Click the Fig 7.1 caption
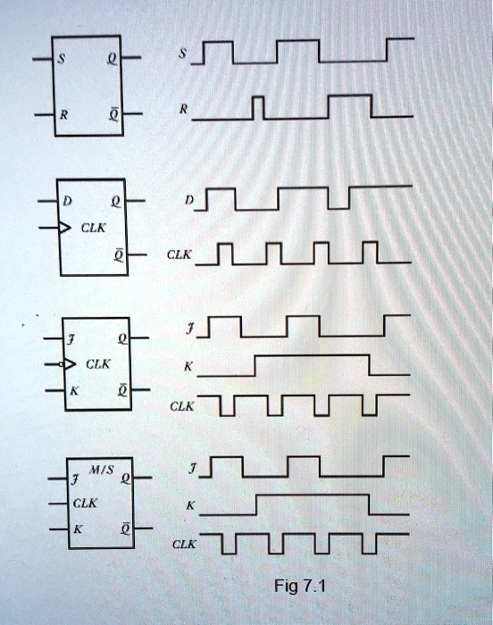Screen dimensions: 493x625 300,586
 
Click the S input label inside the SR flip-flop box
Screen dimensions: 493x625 61,59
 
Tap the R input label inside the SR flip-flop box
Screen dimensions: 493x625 63,115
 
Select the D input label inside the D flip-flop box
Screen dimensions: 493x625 67,201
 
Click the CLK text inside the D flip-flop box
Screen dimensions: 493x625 94,228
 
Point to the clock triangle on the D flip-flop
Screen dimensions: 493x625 64,228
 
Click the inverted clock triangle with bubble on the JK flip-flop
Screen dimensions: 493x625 68,364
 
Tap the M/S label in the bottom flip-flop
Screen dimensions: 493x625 101,470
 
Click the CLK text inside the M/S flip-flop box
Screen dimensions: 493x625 85,504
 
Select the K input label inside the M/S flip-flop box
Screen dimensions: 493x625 78,529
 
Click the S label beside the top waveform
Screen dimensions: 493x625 182,54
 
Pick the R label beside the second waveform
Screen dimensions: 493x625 183,109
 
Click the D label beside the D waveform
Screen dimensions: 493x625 189,200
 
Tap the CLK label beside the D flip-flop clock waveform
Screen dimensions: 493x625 180,254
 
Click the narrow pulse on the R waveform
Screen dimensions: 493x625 258,108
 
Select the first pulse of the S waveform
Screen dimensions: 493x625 218,52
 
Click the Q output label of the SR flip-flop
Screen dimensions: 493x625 113,60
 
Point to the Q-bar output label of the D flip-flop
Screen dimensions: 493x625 119,255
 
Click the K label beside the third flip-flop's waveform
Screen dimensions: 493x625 188,367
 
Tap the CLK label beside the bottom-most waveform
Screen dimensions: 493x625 184,545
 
